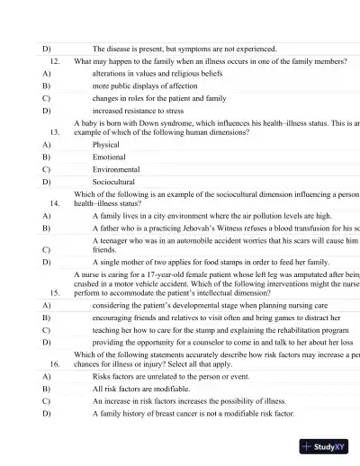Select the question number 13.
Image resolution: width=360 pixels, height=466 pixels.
55,131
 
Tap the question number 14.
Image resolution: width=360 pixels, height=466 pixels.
55,204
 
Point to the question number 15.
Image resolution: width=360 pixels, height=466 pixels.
55,292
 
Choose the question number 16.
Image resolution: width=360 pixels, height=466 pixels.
55,363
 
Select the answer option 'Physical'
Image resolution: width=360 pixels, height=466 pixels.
106,144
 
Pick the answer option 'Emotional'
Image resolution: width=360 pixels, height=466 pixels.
109,157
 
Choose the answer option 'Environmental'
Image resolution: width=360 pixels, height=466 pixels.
116,169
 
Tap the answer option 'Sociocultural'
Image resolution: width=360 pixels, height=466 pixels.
114,182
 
